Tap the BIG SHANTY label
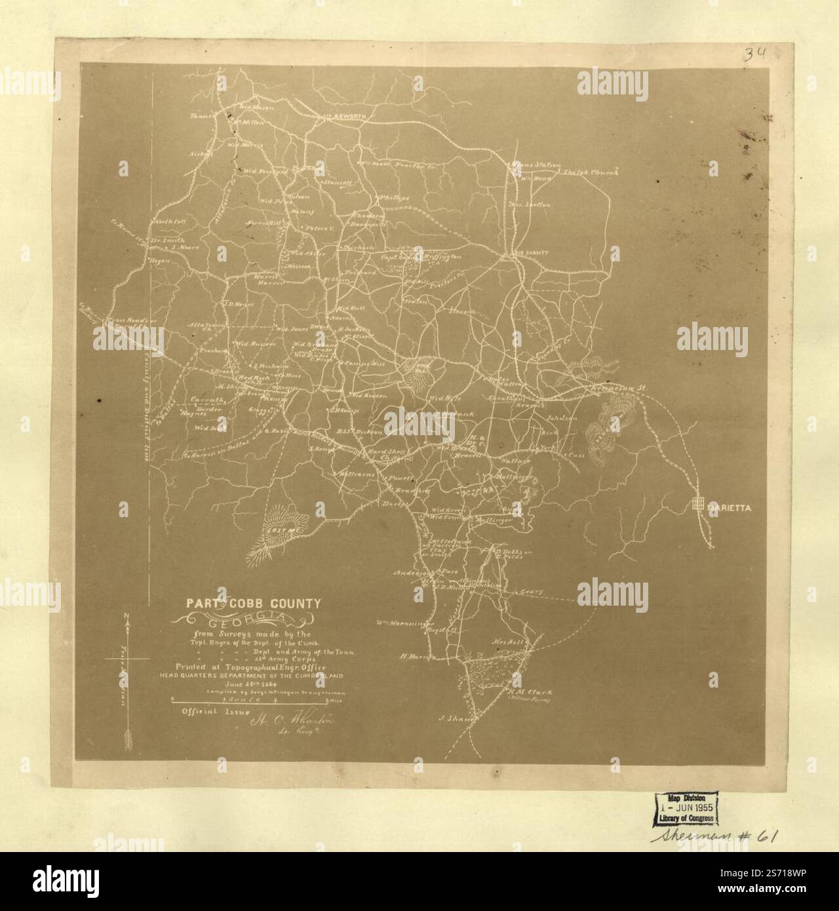pyautogui.click(x=529, y=251)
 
